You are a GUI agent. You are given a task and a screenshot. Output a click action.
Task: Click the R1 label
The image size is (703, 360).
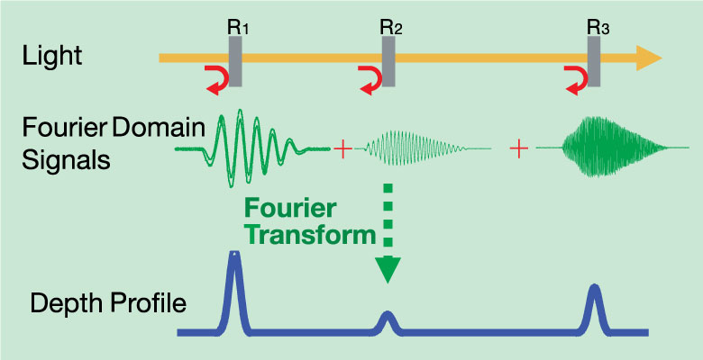[238, 27]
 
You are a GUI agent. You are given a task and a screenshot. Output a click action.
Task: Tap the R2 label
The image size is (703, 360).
[391, 27]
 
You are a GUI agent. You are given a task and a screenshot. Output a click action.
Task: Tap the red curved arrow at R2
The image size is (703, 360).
[370, 78]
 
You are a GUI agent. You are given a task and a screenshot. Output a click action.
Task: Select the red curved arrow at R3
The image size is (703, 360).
[576, 78]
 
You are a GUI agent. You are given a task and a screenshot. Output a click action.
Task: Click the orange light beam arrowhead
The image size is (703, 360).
[647, 58]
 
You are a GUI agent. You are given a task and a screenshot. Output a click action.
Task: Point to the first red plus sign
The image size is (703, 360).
[342, 148]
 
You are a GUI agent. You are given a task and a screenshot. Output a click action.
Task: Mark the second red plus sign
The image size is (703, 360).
[518, 148]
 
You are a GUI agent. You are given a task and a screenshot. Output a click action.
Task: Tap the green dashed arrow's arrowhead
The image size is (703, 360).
[388, 268]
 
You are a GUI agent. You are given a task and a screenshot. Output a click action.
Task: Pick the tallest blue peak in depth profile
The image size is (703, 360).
[233, 279]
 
